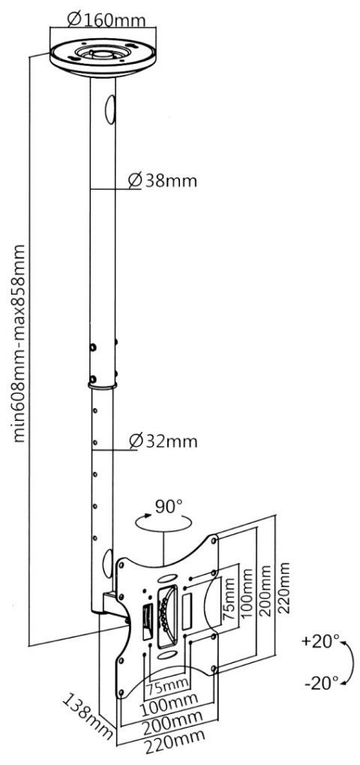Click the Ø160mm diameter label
coord(105,18)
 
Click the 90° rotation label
coord(169,506)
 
